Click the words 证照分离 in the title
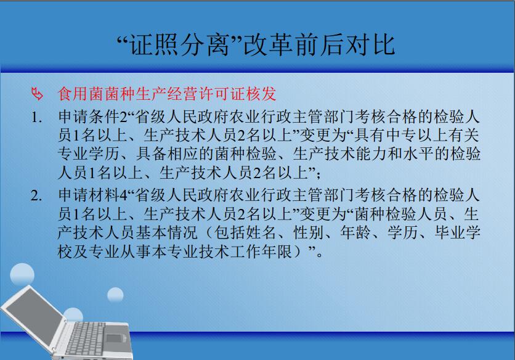[x=180, y=45]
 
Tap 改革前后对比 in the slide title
[x=319, y=45]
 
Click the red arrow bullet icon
[x=37, y=94]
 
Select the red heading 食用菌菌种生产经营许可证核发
[x=167, y=94]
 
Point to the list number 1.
[x=36, y=117]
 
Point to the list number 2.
[x=36, y=195]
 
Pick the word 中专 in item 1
[x=402, y=135]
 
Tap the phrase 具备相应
[x=167, y=154]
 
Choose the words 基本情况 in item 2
[x=166, y=233]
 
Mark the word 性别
[x=308, y=233]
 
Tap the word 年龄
[x=355, y=233]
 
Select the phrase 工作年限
[x=261, y=252]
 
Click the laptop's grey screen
[x=36, y=317]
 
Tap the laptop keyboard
[x=85, y=338]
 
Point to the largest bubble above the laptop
[x=22, y=274]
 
